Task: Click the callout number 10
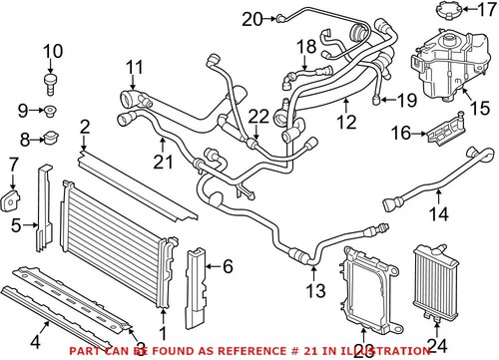(52, 51)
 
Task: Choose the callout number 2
(85, 127)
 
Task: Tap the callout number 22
(257, 117)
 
